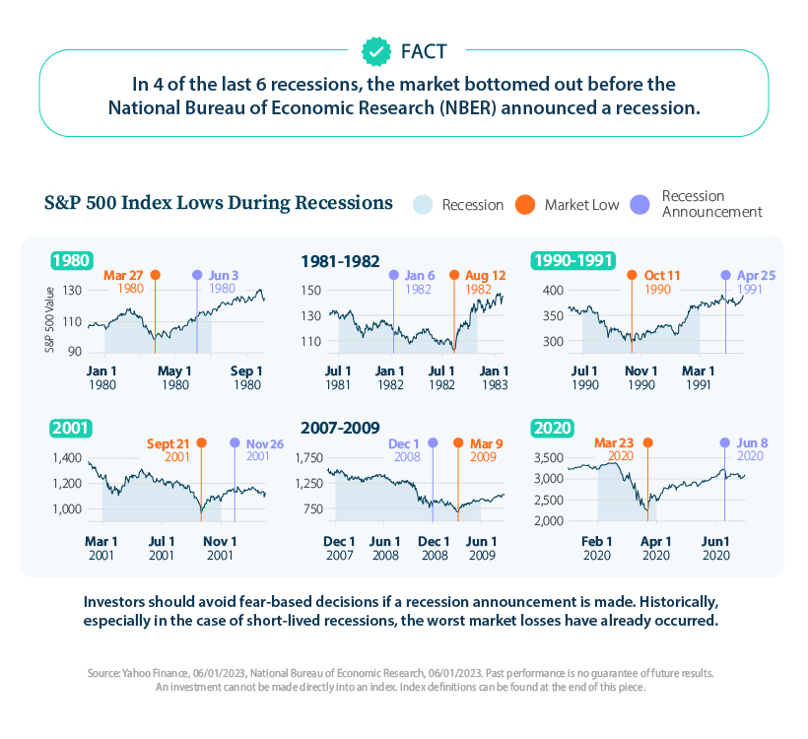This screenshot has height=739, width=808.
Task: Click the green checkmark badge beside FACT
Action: click(375, 49)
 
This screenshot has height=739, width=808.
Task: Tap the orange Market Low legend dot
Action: click(525, 204)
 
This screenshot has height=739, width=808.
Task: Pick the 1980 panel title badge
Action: click(72, 261)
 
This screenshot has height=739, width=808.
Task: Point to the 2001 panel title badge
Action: click(72, 428)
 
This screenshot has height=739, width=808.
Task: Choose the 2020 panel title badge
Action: click(553, 428)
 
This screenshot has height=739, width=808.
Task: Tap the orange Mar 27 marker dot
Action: click(155, 275)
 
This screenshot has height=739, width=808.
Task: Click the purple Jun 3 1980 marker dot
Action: click(197, 275)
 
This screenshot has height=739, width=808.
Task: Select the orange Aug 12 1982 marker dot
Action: click(455, 275)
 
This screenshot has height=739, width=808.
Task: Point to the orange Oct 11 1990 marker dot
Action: click(632, 275)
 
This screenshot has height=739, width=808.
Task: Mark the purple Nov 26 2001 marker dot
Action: click(235, 442)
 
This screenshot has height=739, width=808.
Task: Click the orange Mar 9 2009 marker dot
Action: click(458, 442)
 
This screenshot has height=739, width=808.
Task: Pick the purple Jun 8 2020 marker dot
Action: click(725, 442)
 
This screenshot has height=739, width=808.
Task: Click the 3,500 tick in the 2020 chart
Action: click(548, 458)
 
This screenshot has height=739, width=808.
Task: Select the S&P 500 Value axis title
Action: click(47, 319)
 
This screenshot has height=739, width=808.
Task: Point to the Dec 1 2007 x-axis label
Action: click(339, 547)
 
